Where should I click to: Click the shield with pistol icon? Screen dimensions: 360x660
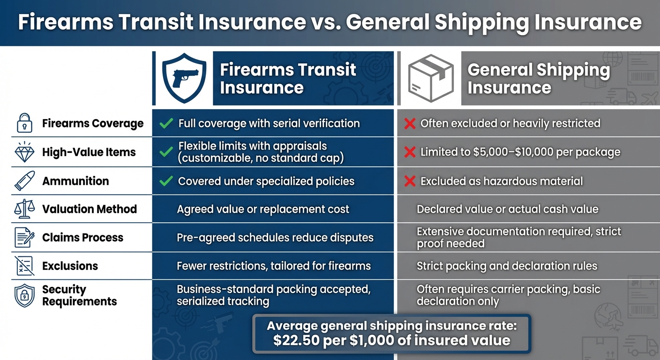(x=183, y=78)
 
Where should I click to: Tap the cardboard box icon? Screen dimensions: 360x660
(x=431, y=78)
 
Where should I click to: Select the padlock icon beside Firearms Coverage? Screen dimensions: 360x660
(x=25, y=123)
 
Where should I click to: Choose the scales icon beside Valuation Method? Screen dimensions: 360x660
(x=25, y=209)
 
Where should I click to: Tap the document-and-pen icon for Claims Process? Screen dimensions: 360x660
(x=25, y=238)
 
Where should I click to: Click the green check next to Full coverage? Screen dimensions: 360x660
(x=166, y=124)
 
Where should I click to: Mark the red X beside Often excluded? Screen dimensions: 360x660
(x=410, y=124)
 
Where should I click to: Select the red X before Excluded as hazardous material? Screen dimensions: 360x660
(x=410, y=181)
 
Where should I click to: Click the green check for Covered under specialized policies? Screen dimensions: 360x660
(x=166, y=181)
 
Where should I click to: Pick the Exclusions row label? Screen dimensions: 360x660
(x=70, y=266)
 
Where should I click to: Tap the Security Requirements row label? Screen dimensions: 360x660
(x=79, y=295)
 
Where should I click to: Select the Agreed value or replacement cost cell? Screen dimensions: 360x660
(x=262, y=210)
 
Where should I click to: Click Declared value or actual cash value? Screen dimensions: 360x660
(x=507, y=210)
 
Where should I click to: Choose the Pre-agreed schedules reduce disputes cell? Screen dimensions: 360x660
(x=275, y=238)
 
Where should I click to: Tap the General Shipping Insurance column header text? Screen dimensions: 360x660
(x=538, y=78)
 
